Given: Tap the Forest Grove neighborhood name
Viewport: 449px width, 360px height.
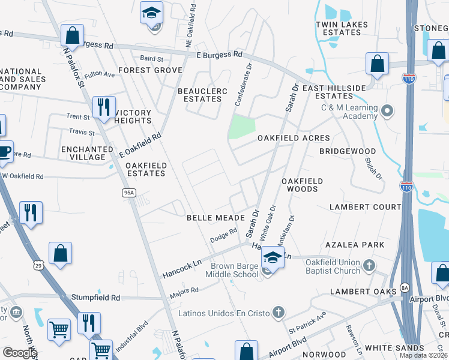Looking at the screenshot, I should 150,70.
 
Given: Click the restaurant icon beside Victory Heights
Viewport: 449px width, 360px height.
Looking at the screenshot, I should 104,107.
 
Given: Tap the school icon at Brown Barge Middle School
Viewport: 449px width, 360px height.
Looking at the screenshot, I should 272,259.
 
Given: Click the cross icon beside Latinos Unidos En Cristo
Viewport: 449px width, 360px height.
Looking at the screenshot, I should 277,311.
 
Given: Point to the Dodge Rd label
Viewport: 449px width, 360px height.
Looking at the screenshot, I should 220,235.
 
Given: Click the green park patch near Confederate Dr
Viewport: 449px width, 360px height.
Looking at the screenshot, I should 243,127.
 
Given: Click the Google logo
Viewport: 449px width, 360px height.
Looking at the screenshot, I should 19,353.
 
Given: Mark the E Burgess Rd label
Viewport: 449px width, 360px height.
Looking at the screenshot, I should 218,54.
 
